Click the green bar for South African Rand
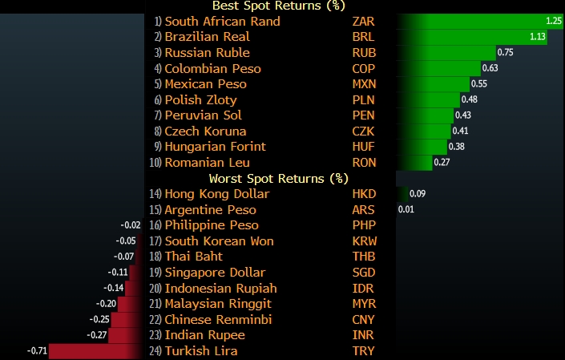pyautogui.click(x=473, y=22)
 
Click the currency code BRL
pyautogui.click(x=365, y=37)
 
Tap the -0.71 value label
pyautogui.click(x=38, y=350)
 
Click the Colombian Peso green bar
pyautogui.click(x=441, y=68)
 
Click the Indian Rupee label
pyautogui.click(x=204, y=335)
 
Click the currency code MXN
pyautogui.click(x=365, y=84)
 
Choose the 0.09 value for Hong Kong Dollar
pyautogui.click(x=418, y=194)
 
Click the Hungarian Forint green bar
pyautogui.click(x=424, y=147)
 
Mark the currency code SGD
pyautogui.click(x=365, y=273)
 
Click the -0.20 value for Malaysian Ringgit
pyautogui.click(x=106, y=304)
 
